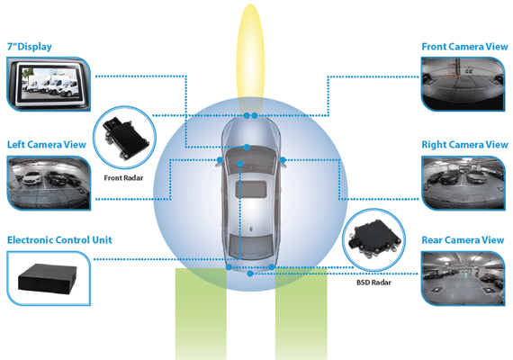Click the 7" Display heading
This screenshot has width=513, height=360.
click(x=30, y=47)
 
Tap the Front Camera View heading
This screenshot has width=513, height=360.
click(x=464, y=47)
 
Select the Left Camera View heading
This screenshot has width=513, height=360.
click(x=47, y=144)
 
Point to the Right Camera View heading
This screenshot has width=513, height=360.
click(x=464, y=144)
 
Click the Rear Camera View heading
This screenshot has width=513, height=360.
click(x=463, y=240)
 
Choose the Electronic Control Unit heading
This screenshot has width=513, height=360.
click(x=59, y=240)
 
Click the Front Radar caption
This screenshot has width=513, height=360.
click(x=123, y=178)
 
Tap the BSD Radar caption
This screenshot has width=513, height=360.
click(x=373, y=283)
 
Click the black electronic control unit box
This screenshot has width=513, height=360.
click(x=48, y=279)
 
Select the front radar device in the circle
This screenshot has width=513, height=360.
click(x=125, y=139)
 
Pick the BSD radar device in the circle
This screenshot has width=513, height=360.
click(x=374, y=238)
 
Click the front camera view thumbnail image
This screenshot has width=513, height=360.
click(x=463, y=84)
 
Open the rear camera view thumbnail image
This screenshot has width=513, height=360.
click(x=463, y=278)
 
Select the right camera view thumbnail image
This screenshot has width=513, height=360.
click(x=463, y=184)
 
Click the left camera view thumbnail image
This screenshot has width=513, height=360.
click(x=49, y=184)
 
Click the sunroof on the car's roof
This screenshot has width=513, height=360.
click(x=251, y=190)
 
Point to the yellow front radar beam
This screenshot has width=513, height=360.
click(x=250, y=58)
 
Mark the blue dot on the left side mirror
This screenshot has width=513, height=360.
click(x=220, y=159)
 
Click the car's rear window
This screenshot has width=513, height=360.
click(x=251, y=246)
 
